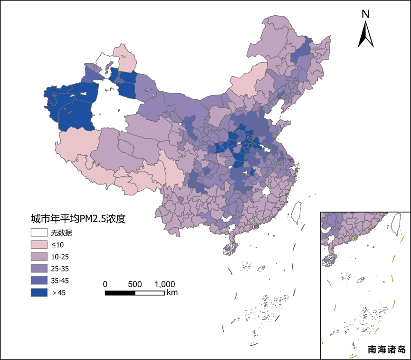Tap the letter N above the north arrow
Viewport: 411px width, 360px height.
365,14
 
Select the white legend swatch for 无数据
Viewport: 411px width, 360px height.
39,233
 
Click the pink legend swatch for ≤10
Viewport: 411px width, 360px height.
39,245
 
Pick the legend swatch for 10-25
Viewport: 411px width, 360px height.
39,257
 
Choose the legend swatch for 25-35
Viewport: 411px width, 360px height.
39,269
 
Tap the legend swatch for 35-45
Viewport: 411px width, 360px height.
39,281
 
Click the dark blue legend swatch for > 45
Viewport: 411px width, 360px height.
39,292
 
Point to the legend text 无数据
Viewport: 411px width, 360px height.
61,233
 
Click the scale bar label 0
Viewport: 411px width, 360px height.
105,284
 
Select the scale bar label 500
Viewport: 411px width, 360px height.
135,284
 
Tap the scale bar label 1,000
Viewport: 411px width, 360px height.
165,284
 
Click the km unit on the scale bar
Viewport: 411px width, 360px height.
172,292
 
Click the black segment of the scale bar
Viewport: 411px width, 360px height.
120,292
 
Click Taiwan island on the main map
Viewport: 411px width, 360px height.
297,212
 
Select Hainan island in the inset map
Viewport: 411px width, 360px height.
328,260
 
